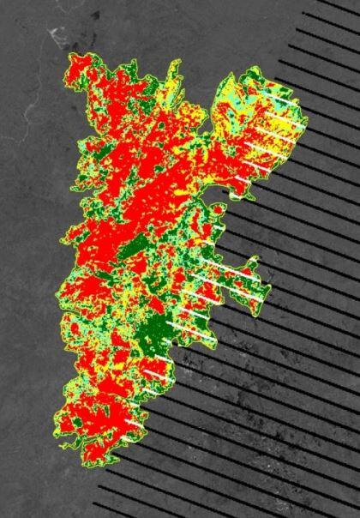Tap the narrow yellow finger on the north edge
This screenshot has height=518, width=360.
pos(175,72)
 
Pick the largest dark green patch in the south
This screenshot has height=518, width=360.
pos(154,330)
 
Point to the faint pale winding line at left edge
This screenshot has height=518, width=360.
pos(26,120)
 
